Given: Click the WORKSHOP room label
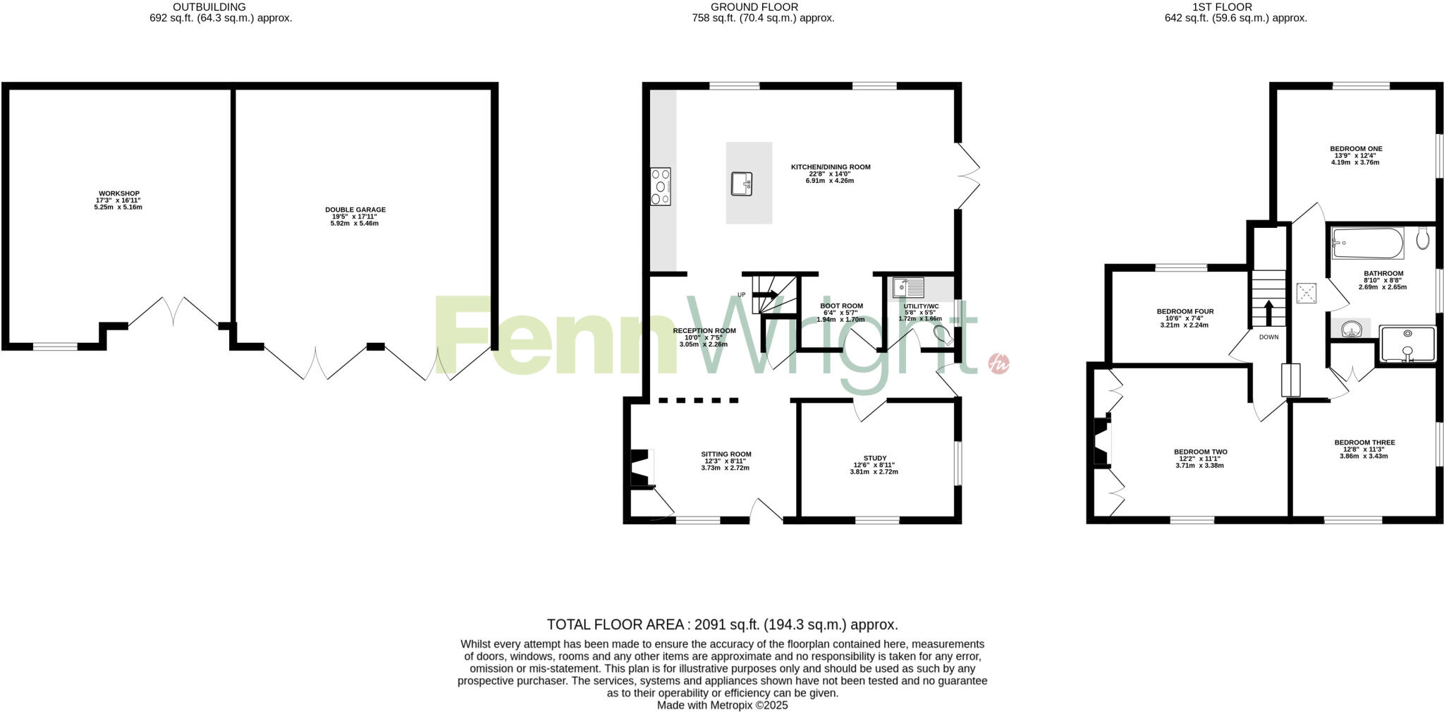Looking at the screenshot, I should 118,193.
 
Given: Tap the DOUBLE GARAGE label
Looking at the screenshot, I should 355,210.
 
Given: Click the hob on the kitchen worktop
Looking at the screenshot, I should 661,186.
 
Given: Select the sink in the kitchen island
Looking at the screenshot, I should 742,183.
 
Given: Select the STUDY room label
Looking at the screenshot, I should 874,458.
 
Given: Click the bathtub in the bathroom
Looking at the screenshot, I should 1367,243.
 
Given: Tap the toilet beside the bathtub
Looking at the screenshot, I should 1423,238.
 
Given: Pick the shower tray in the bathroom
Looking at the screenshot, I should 1407,344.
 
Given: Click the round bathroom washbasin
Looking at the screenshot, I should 1352,329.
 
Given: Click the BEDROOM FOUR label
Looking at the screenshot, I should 1185,311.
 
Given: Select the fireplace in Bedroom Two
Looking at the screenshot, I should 1101,442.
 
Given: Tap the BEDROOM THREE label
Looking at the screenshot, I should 1364,442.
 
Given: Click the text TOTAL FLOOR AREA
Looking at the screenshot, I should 615,624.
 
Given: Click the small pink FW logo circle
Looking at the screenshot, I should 999,363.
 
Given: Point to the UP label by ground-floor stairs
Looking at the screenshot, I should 741,294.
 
